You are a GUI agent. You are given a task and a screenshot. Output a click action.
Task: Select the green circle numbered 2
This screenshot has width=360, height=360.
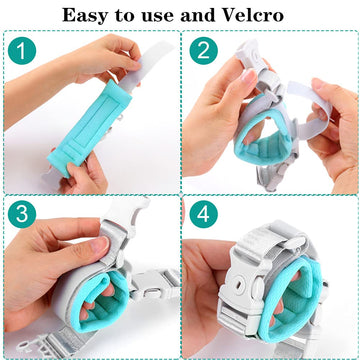204,50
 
